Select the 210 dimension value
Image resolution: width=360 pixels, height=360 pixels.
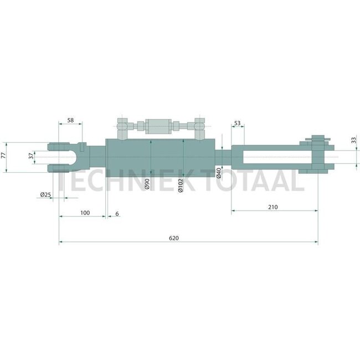[272, 207]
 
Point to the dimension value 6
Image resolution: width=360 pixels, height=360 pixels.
[117, 213]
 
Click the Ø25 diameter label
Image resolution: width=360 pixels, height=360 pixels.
[45, 195]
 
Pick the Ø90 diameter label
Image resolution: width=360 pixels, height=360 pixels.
[147, 184]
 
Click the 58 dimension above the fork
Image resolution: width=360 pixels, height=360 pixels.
[71, 120]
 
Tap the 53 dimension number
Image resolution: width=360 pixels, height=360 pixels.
[237, 123]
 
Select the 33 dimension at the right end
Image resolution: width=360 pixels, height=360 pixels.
[354, 141]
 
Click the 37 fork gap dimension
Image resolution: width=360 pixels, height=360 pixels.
[32, 157]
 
